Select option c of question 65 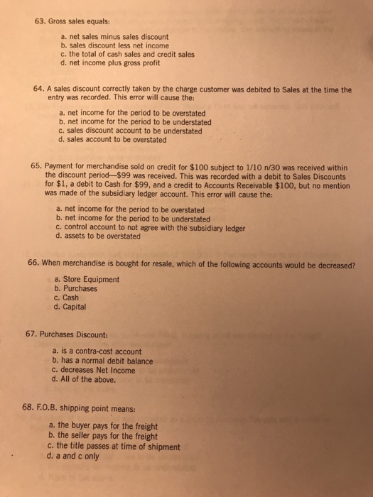(144, 228)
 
